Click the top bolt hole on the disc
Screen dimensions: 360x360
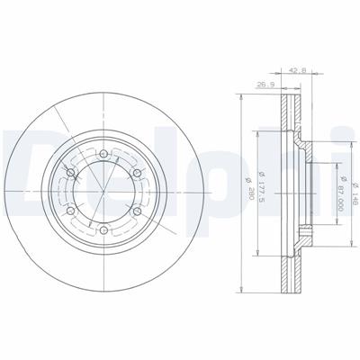pyautogui.click(x=103, y=154)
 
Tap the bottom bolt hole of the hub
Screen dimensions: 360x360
pyautogui.click(x=103, y=230)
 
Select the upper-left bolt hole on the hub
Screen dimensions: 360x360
pyautogui.click(x=71, y=173)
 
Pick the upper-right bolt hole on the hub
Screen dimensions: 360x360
pyautogui.click(x=137, y=173)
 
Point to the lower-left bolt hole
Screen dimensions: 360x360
pyautogui.click(x=71, y=211)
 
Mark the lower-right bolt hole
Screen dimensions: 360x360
pyautogui.click(x=137, y=211)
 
